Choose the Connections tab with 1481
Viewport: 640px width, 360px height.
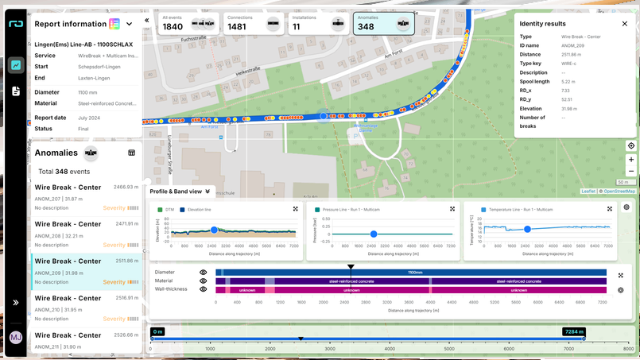pos(252,23)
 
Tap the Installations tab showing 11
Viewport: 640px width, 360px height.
pos(318,23)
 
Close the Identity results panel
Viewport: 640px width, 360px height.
pos(625,24)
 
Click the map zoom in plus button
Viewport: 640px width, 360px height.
pos(630,159)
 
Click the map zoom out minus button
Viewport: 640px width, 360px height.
pos(630,171)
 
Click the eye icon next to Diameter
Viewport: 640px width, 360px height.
pos(204,272)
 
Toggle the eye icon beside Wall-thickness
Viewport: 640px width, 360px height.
pos(204,289)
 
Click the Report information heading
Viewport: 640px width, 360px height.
pos(71,24)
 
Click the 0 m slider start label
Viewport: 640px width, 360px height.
pos(157,331)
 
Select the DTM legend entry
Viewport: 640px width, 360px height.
pos(166,210)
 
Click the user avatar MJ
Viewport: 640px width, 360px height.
pos(15,338)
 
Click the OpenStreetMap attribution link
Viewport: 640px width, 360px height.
pos(618,191)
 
